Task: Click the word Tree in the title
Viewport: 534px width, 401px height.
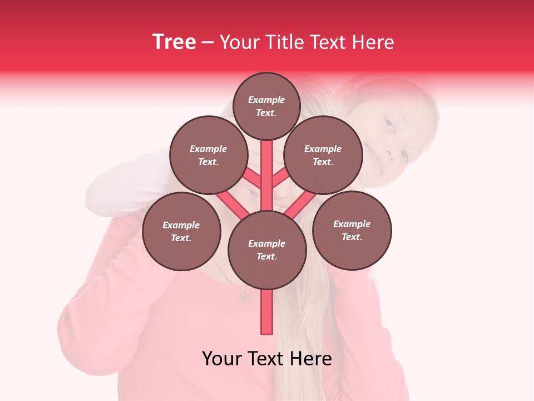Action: [174, 42]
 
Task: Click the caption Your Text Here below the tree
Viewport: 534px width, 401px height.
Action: [267, 359]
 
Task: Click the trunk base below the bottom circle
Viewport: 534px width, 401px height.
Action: [267, 312]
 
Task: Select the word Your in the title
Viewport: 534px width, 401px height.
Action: [237, 42]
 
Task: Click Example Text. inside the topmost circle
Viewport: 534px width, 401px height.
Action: [266, 106]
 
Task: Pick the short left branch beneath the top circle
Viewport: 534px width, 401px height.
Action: [253, 178]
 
